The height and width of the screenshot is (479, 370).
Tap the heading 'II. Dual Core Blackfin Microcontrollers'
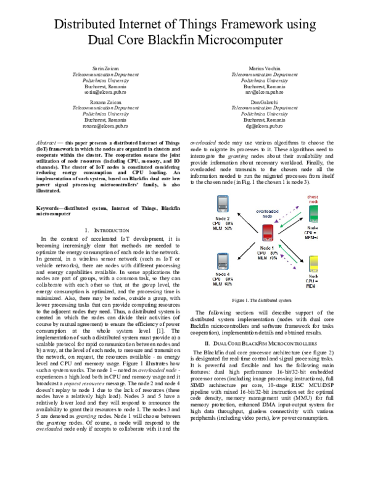coord(267,342)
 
